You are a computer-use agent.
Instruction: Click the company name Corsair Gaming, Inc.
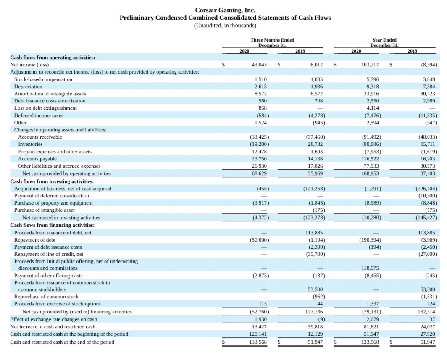coord(225,10)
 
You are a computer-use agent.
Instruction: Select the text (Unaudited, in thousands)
coord(225,25)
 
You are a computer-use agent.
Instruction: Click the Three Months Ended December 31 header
coord(272,42)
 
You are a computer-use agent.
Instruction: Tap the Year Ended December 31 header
coord(384,42)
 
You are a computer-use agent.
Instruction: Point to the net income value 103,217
coord(370,65)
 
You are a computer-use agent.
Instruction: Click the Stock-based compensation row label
coord(43,79)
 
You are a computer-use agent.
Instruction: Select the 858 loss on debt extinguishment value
coord(262,108)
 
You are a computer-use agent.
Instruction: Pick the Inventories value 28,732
coord(316,144)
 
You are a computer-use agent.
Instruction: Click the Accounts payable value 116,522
coord(370,159)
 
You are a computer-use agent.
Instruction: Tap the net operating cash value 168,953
coord(370,173)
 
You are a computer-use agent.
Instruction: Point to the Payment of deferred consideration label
coord(52,195)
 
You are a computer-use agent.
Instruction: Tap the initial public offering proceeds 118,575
coord(370,268)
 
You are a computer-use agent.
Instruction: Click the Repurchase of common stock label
coord(46,297)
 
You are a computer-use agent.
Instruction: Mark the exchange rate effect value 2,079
coord(373,319)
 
